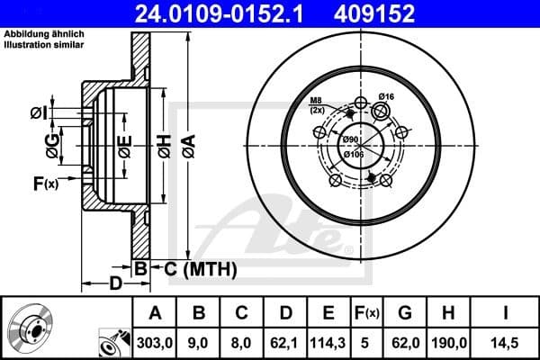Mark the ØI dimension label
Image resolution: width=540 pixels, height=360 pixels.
[x=38, y=112]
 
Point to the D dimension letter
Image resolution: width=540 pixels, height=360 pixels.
[x=115, y=284]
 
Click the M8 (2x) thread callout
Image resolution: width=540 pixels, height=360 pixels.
[x=317, y=105]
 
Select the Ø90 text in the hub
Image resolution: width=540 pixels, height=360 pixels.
[x=350, y=139]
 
